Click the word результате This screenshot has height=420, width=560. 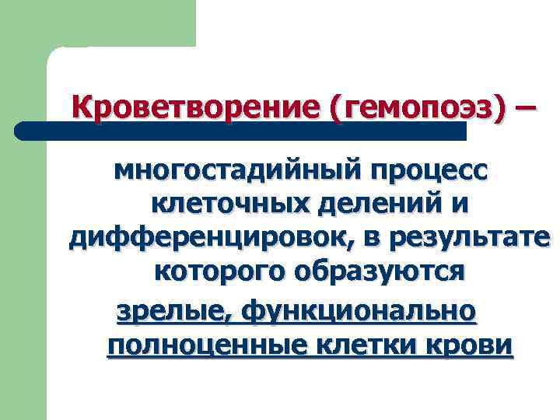(x=467, y=237)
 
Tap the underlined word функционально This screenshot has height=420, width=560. (x=359, y=311)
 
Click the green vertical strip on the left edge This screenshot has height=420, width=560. (x=23, y=272)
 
